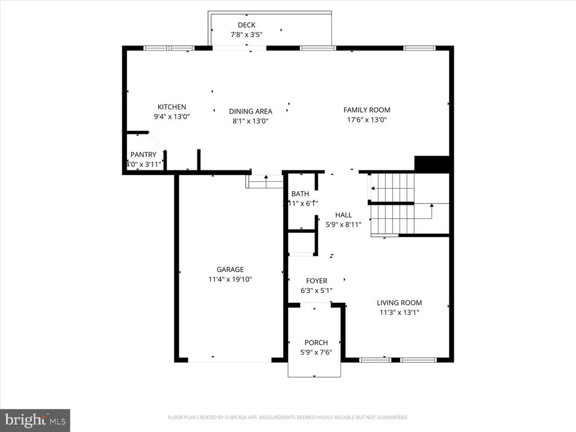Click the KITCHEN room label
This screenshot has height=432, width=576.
(x=172, y=107)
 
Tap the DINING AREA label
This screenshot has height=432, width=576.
(x=250, y=111)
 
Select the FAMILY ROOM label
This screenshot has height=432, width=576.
(x=367, y=110)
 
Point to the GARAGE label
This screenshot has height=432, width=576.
(x=230, y=269)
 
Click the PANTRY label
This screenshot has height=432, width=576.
(x=143, y=155)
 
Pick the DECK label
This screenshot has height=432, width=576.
(x=246, y=25)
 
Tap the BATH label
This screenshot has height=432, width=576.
(x=300, y=194)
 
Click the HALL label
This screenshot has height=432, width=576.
(x=344, y=215)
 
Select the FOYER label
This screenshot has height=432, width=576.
(x=317, y=281)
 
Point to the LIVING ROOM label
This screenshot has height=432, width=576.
(x=399, y=303)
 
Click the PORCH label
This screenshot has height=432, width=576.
(x=316, y=343)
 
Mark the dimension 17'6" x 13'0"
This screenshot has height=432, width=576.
(x=367, y=120)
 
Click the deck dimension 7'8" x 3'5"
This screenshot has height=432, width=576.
(x=246, y=34)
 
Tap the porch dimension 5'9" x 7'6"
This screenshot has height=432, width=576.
(x=316, y=352)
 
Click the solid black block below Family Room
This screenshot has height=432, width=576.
(x=432, y=164)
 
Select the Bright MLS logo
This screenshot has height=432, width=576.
(x=35, y=420)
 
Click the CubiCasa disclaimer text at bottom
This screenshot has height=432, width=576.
(x=287, y=417)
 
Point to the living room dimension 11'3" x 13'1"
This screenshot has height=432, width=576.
(x=399, y=312)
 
